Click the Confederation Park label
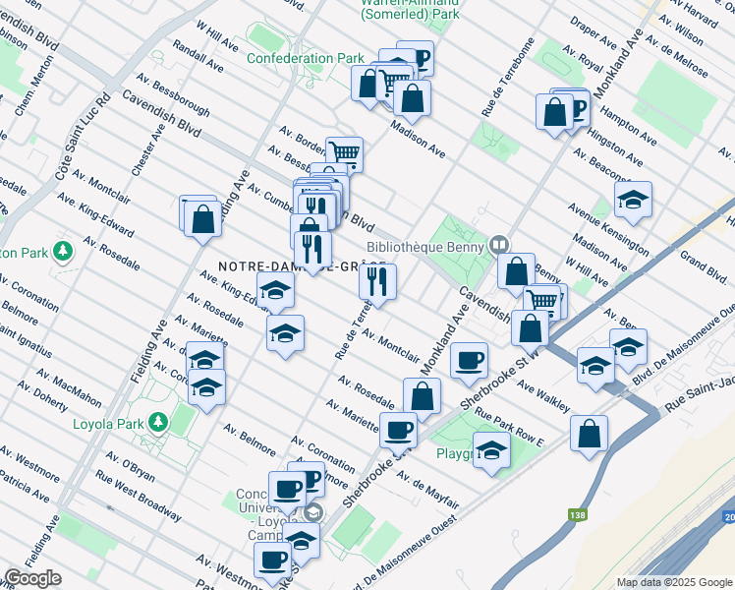point(305,58)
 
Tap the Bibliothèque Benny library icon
point(500,243)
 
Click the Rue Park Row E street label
point(509,428)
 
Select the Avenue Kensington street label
point(606,226)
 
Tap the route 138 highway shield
point(572,514)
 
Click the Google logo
point(33,578)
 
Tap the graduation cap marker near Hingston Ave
point(634,200)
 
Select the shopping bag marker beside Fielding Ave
point(202,217)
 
